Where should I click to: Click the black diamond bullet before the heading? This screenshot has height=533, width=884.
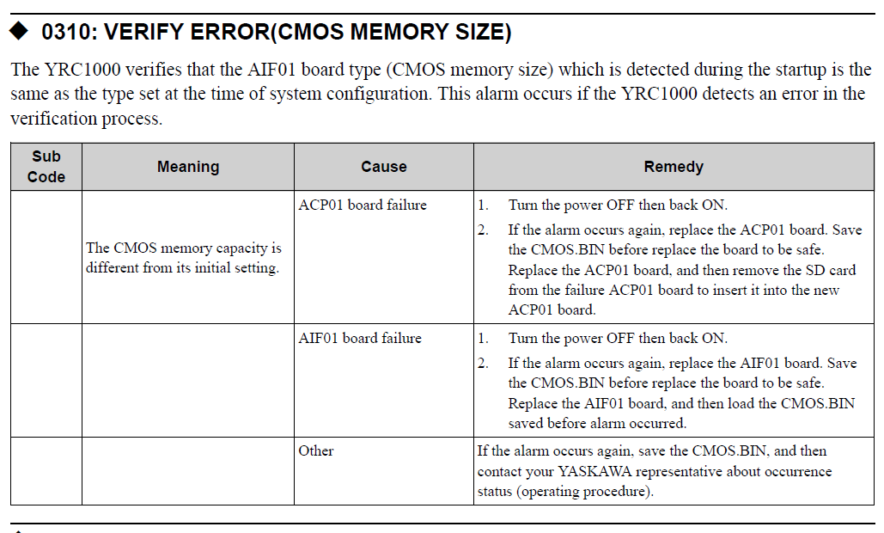pyautogui.click(x=19, y=31)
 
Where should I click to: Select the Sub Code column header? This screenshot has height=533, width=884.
pyautogui.click(x=46, y=167)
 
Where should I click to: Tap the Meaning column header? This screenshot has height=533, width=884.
pyautogui.click(x=188, y=167)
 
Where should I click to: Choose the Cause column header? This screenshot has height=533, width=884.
pyautogui.click(x=383, y=167)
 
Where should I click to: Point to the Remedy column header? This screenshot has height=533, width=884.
pyautogui.click(x=674, y=167)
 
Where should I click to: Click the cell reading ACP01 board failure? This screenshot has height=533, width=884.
pyautogui.click(x=363, y=205)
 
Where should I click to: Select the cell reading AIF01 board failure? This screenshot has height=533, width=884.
pyautogui.click(x=360, y=338)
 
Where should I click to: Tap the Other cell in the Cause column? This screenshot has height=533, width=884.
pyautogui.click(x=316, y=450)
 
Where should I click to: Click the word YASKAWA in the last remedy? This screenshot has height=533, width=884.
pyautogui.click(x=594, y=471)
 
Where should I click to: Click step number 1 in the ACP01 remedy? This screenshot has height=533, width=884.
pyautogui.click(x=483, y=205)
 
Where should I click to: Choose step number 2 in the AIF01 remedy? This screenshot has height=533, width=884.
pyautogui.click(x=483, y=363)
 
